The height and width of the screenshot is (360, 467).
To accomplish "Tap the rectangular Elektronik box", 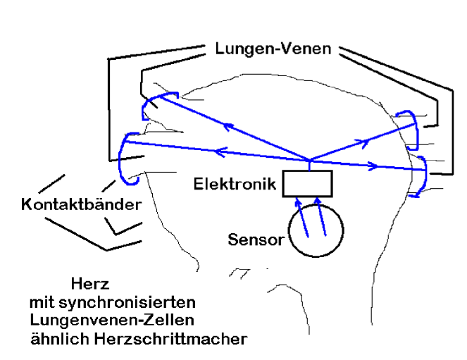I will coord(307,185).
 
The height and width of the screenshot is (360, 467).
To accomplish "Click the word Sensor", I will coord(255,240).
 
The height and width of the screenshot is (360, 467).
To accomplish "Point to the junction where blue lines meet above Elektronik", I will coord(308,159).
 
